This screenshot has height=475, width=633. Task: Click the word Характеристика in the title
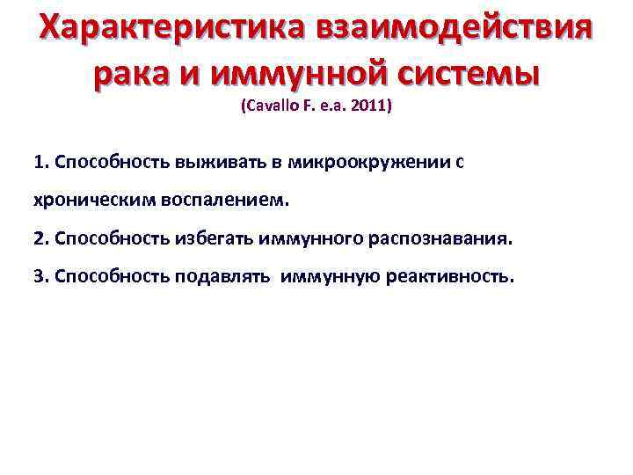[167, 31]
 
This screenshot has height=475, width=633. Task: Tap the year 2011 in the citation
[370, 107]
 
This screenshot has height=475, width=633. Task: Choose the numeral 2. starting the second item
[40, 238]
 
